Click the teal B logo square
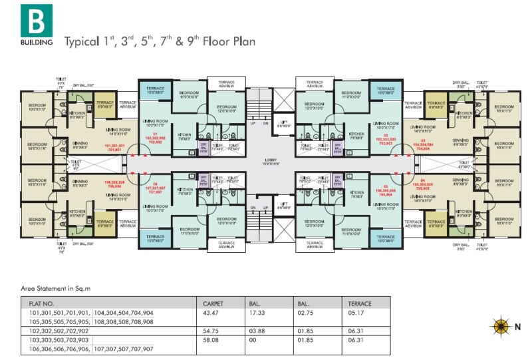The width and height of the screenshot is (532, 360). click(36, 20)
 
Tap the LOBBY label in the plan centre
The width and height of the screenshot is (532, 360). click(269, 160)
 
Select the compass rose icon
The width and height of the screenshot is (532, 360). click(499, 327)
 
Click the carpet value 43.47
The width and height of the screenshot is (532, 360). click(211, 312)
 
